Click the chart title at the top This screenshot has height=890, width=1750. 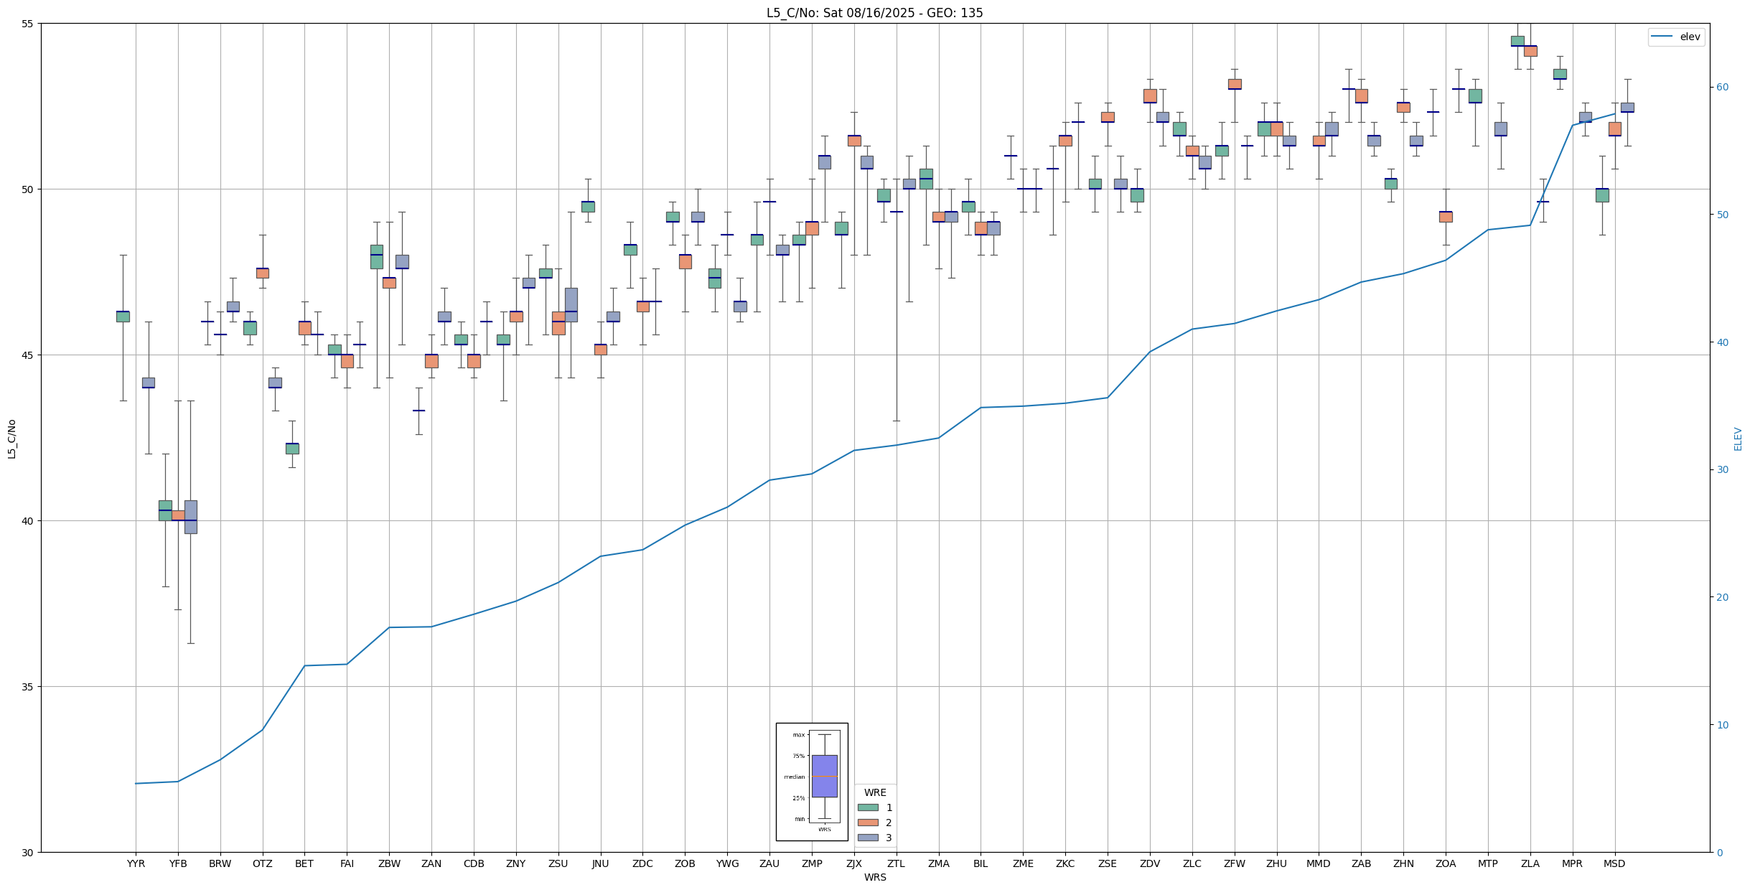coord(874,13)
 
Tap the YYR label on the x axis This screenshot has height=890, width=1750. coord(136,863)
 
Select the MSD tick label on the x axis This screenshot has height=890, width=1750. coord(1614,863)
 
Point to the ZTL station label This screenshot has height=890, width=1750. coord(896,863)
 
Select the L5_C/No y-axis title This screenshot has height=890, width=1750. coord(11,439)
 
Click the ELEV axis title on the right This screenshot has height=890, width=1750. coord(1738,439)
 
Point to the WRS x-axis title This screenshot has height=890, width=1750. coord(874,877)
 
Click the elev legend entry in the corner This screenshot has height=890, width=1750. coord(1676,37)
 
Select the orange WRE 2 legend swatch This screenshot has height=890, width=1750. coord(868,823)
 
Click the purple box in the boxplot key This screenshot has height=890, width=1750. coord(824,776)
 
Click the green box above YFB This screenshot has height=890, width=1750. coord(165,510)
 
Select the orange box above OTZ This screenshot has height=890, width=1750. coord(262,273)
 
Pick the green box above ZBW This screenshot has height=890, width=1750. coord(376,257)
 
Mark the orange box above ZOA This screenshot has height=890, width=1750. coord(1446,217)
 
